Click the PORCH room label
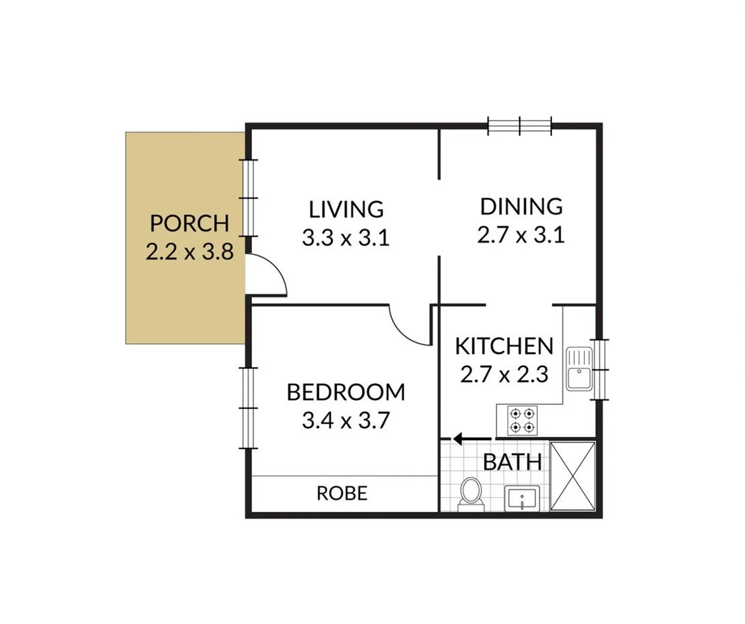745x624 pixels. pos(189,223)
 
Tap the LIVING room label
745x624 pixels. pos(346,209)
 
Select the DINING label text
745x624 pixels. pos(521,206)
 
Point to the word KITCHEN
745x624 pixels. pos(504,346)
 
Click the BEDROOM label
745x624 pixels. pos(345,392)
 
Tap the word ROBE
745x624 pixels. pos(342,493)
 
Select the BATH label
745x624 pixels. pos(512,462)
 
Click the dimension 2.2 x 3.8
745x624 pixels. pos(189,252)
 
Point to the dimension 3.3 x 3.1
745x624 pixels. pos(346,237)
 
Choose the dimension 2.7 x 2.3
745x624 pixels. pos(504,374)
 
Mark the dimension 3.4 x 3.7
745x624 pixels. pos(345,421)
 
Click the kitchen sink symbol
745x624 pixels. pos(578,369)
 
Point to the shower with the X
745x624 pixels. pos(572,476)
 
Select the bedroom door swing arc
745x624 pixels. pos(409,326)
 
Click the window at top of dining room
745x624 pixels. pos(520,125)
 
